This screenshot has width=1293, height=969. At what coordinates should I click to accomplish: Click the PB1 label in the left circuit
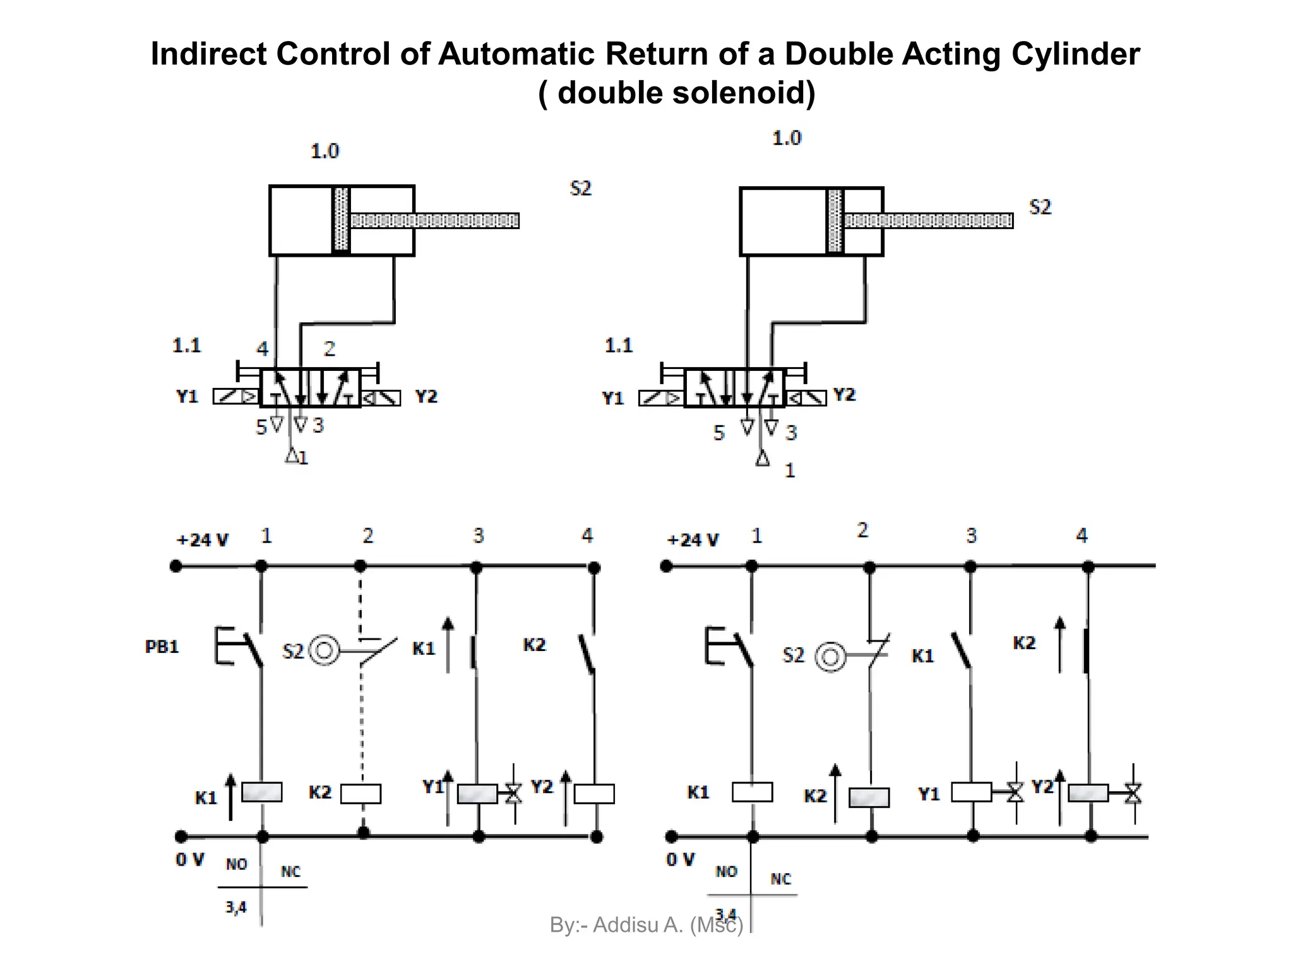coord(162,647)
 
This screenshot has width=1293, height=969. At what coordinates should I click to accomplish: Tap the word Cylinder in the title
coord(1075,54)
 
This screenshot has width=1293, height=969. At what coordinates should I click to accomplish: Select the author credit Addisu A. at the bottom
coord(638,925)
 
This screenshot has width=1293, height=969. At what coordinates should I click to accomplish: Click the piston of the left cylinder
coord(341,220)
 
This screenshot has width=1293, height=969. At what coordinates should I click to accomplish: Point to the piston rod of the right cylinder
coord(928,220)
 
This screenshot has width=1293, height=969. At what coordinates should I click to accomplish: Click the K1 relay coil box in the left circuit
coord(261,792)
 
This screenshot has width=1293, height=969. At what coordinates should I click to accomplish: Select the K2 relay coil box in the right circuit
coord(869,797)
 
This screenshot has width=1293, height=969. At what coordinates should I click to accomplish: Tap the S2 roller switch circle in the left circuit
coord(324,650)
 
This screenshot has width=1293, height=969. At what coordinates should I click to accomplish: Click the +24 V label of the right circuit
coord(693,540)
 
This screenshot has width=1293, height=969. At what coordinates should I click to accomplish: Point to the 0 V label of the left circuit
coord(189,859)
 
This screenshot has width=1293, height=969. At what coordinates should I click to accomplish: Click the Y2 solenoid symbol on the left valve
coord(381,397)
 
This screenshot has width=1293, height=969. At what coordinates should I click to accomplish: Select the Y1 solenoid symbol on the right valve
coord(661,398)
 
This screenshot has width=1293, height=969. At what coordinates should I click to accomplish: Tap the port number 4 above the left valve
coord(262,348)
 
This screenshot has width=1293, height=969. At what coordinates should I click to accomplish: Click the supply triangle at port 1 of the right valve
coord(763,459)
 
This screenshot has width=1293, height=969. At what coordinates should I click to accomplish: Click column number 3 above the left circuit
coord(479,536)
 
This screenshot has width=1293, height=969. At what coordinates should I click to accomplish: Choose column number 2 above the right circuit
coord(862,530)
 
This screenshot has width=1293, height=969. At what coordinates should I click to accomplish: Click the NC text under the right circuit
coord(780,879)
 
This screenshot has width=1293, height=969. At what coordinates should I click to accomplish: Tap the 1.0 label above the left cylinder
coord(325,151)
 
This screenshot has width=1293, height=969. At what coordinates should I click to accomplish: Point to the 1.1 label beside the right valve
coord(618,345)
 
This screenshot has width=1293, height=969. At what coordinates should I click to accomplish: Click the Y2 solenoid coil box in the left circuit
coord(594,793)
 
